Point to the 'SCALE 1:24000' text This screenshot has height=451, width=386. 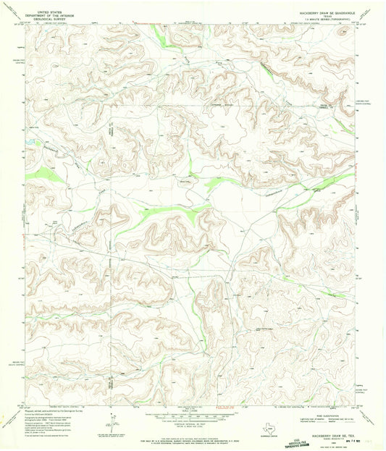click(x=193, y=410)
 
